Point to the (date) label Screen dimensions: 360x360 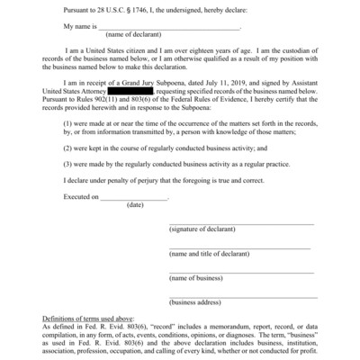click(x=135, y=205)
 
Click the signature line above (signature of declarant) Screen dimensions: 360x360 click(x=241, y=223)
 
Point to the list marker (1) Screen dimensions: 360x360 click(x=69, y=121)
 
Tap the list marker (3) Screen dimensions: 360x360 click(x=69, y=166)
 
